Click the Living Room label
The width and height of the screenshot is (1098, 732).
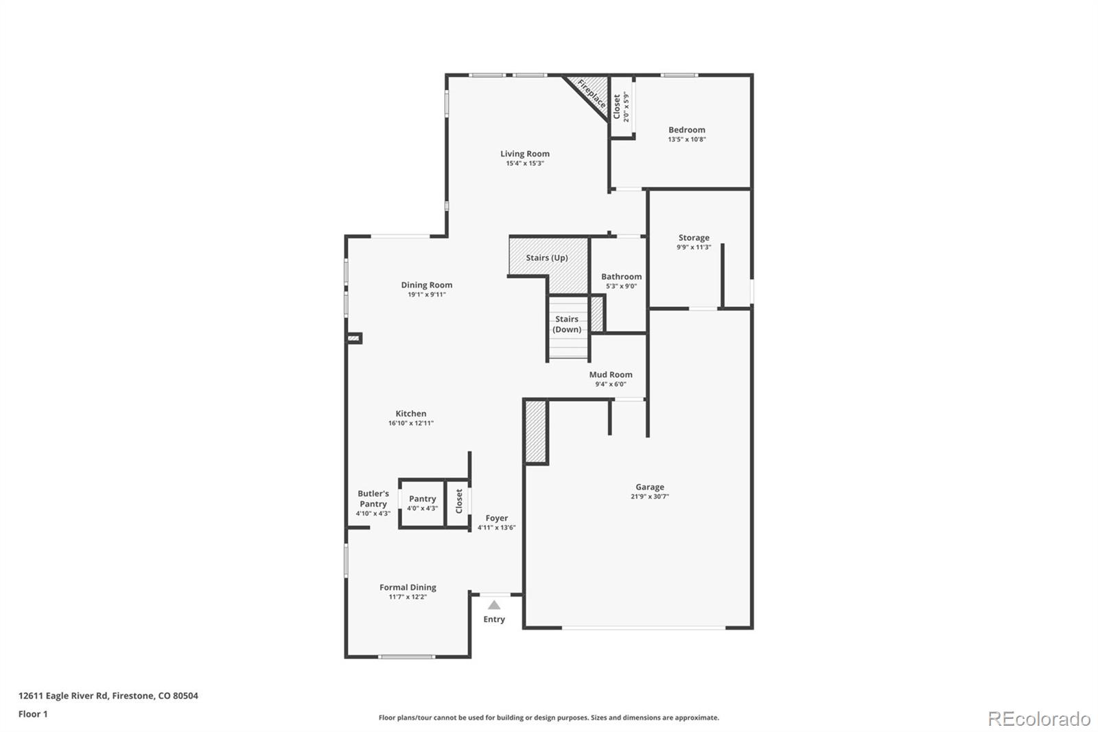click(x=524, y=154)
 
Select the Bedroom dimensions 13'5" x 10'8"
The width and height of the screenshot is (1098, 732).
click(x=686, y=139)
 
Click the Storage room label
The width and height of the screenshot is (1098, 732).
click(x=694, y=238)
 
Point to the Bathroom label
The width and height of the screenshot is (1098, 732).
click(x=621, y=277)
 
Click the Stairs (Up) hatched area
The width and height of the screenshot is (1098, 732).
click(x=547, y=258)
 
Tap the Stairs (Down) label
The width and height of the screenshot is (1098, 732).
click(x=567, y=324)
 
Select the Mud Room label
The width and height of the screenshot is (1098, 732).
click(x=610, y=375)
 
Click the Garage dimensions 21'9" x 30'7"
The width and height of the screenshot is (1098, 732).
click(x=649, y=496)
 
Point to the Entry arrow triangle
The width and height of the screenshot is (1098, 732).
click(x=494, y=605)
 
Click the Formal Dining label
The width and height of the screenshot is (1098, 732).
click(x=408, y=587)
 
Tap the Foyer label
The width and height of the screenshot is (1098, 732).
click(x=497, y=518)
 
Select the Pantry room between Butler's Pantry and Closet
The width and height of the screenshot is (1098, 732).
click(x=422, y=503)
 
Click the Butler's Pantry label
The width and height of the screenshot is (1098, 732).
click(x=373, y=499)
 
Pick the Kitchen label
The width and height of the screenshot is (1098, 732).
click(x=410, y=413)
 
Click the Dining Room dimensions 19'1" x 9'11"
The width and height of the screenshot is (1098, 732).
click(x=426, y=295)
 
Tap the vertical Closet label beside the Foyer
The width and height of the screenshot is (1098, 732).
click(x=459, y=501)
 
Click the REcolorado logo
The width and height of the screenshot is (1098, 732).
click(x=1039, y=719)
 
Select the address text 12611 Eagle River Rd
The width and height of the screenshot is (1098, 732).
click(x=63, y=696)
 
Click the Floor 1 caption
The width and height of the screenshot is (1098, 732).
click(x=33, y=714)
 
